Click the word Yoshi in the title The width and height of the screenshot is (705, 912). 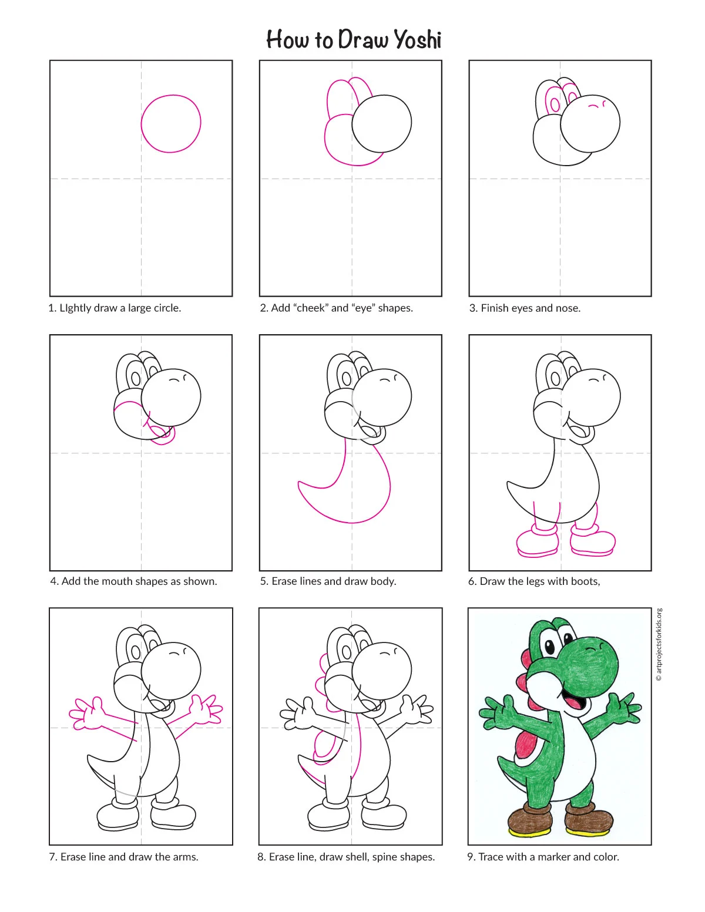(418, 40)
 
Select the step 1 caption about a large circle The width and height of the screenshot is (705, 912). (115, 308)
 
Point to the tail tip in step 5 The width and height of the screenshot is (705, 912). (298, 482)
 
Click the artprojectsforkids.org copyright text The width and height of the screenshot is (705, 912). (659, 645)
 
